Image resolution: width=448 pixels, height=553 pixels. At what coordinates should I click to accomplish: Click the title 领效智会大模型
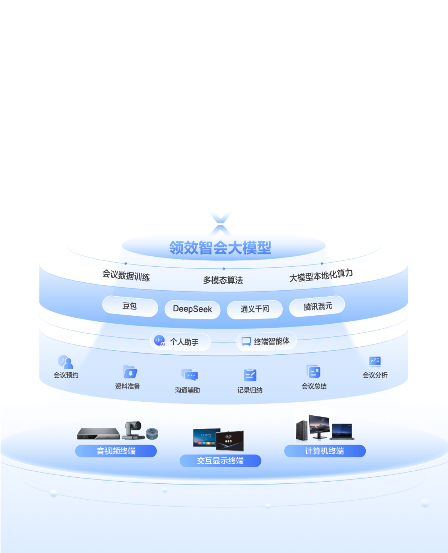point(220,247)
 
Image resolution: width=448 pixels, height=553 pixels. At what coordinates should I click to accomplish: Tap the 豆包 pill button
point(130,306)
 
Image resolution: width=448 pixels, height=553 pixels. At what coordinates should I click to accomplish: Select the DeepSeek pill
point(192,309)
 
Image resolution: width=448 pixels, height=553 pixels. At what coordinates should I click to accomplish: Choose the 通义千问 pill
point(254,309)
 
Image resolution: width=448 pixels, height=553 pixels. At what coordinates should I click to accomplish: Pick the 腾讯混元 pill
point(317,306)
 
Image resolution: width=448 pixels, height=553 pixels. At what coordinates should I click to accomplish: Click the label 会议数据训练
point(126,276)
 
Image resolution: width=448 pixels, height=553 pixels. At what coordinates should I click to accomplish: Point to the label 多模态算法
point(223,280)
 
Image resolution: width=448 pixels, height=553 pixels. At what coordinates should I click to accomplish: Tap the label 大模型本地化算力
point(321,276)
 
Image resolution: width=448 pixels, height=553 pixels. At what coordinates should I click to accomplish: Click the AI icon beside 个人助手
point(159,340)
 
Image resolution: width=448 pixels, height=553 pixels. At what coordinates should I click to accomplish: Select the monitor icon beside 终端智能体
point(246,342)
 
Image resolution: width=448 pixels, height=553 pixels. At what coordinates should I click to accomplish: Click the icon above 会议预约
point(65,362)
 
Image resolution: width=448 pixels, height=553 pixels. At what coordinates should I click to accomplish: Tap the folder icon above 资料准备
point(130,372)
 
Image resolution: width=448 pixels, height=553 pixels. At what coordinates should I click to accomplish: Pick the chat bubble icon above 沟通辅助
point(190,375)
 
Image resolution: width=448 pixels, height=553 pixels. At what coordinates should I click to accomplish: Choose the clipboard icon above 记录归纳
point(250,375)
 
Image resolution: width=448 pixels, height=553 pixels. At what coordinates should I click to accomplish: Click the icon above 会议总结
point(314,371)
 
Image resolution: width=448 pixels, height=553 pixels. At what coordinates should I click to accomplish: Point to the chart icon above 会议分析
point(375,362)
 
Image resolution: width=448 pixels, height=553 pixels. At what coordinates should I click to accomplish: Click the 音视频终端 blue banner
point(116,451)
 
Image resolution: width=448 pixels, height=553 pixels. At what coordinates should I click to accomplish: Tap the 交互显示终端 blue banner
point(220,461)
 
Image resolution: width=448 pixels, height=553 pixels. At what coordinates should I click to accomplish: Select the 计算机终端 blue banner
point(325,451)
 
